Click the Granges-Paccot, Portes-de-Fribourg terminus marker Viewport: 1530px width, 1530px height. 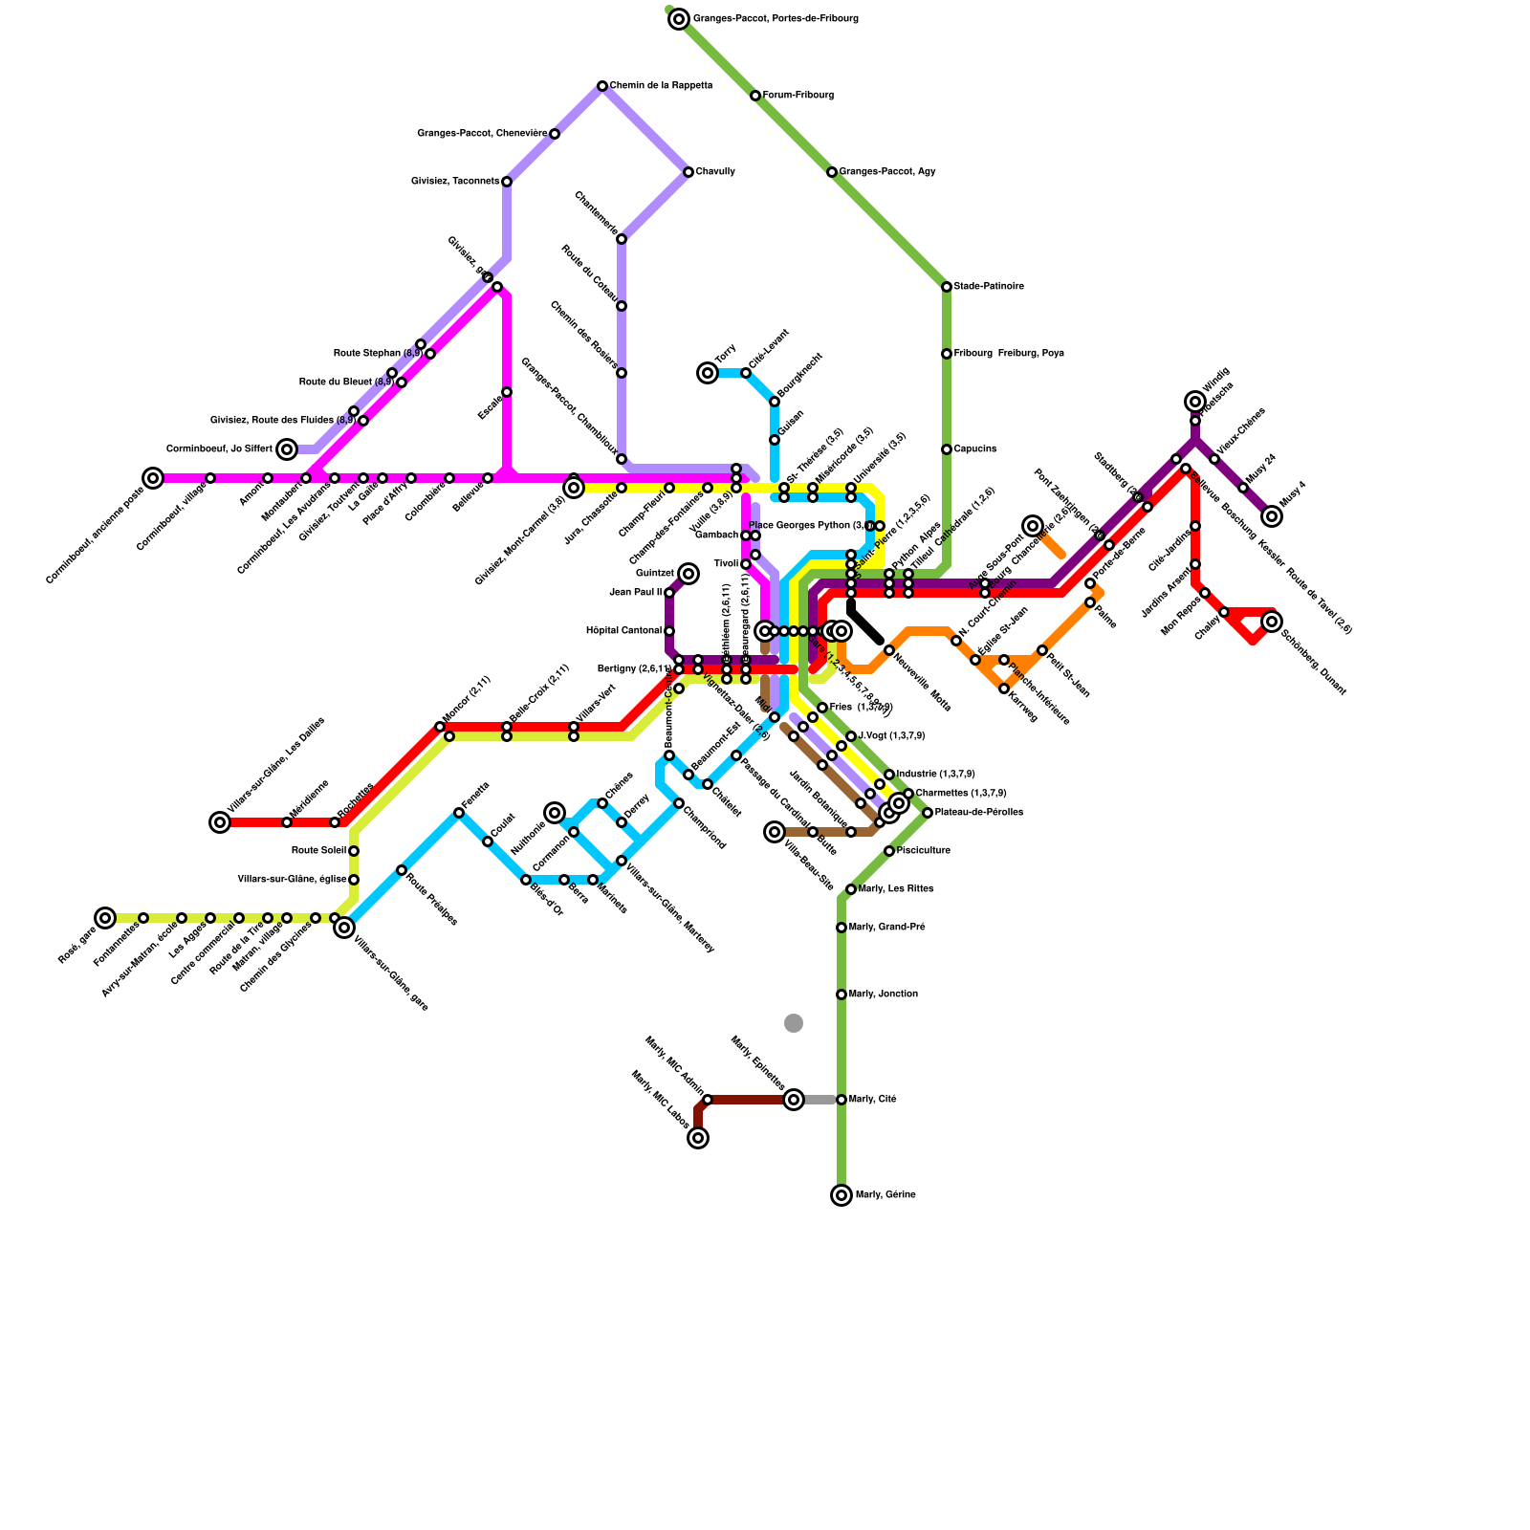click(x=679, y=19)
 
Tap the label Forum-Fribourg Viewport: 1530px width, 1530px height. click(x=798, y=96)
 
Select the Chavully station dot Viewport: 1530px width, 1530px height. click(x=688, y=172)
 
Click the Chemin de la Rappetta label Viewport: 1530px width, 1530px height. click(x=661, y=86)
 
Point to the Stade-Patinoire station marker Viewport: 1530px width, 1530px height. click(x=947, y=287)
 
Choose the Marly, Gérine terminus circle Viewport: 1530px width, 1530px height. click(x=841, y=1195)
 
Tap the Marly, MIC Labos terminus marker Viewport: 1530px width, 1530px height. click(x=698, y=1138)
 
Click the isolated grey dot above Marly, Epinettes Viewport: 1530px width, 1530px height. click(x=794, y=1023)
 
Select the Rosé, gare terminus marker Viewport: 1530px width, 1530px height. click(x=105, y=918)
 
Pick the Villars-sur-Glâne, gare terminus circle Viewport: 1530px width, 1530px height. click(x=344, y=928)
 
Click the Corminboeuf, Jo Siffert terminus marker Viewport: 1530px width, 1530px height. click(x=287, y=449)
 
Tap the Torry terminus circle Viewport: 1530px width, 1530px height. click(x=708, y=373)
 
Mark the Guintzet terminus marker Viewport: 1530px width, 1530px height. click(x=688, y=574)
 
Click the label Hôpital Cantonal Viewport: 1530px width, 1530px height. click(x=623, y=631)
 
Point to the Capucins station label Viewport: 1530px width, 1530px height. click(x=975, y=449)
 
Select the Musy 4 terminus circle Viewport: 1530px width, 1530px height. click(x=1272, y=516)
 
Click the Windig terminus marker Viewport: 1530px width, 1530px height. click(x=1195, y=402)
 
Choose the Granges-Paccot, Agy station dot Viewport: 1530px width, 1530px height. click(x=832, y=172)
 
